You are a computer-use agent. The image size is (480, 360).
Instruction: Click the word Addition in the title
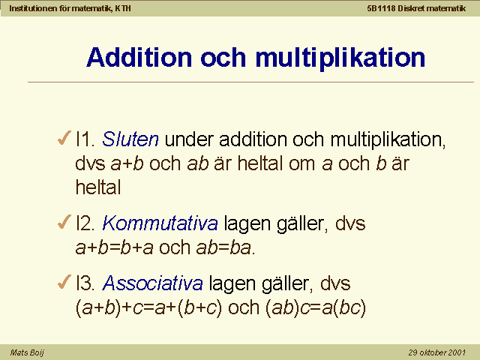[x=139, y=57]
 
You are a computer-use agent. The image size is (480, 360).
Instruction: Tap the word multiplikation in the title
[x=340, y=58]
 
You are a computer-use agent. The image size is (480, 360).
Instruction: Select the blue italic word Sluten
[x=130, y=139]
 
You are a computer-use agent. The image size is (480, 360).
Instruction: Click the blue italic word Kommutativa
[x=160, y=223]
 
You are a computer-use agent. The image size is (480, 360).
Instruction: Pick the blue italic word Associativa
[x=153, y=283]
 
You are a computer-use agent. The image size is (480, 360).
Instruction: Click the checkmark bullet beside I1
[x=64, y=137]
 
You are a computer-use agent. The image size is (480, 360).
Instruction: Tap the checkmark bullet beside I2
[x=64, y=222]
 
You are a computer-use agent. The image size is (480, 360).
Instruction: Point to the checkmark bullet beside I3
[x=64, y=282]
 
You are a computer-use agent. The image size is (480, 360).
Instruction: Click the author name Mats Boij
[x=27, y=353]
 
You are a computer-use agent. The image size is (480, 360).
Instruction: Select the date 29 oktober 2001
[x=436, y=352]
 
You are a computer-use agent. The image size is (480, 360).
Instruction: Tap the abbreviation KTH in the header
[x=123, y=8]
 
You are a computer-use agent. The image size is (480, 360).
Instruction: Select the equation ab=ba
[x=224, y=247]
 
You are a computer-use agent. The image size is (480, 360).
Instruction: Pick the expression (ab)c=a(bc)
[x=316, y=307]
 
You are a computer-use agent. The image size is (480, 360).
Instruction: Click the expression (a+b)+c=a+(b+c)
[x=148, y=307]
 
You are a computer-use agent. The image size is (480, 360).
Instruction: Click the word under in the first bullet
[x=189, y=139]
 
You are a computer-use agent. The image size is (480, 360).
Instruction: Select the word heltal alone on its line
[x=98, y=187]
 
